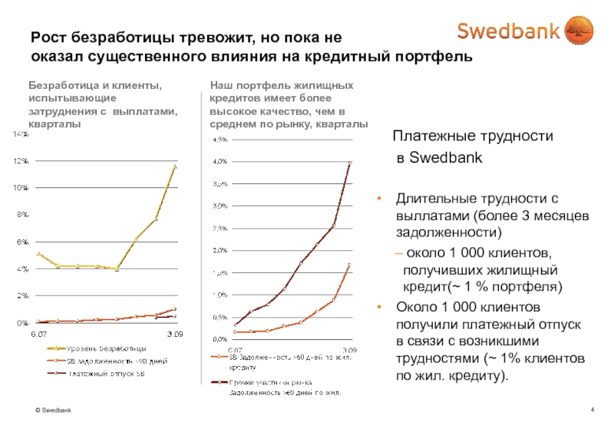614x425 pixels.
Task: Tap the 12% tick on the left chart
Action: click(20, 161)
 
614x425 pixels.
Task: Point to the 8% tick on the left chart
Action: click(21, 215)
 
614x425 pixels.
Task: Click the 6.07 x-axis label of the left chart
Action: click(38, 335)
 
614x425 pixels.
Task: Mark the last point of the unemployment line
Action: click(176, 166)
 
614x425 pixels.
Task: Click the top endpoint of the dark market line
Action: click(350, 163)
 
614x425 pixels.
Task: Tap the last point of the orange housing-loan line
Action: click(350, 265)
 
